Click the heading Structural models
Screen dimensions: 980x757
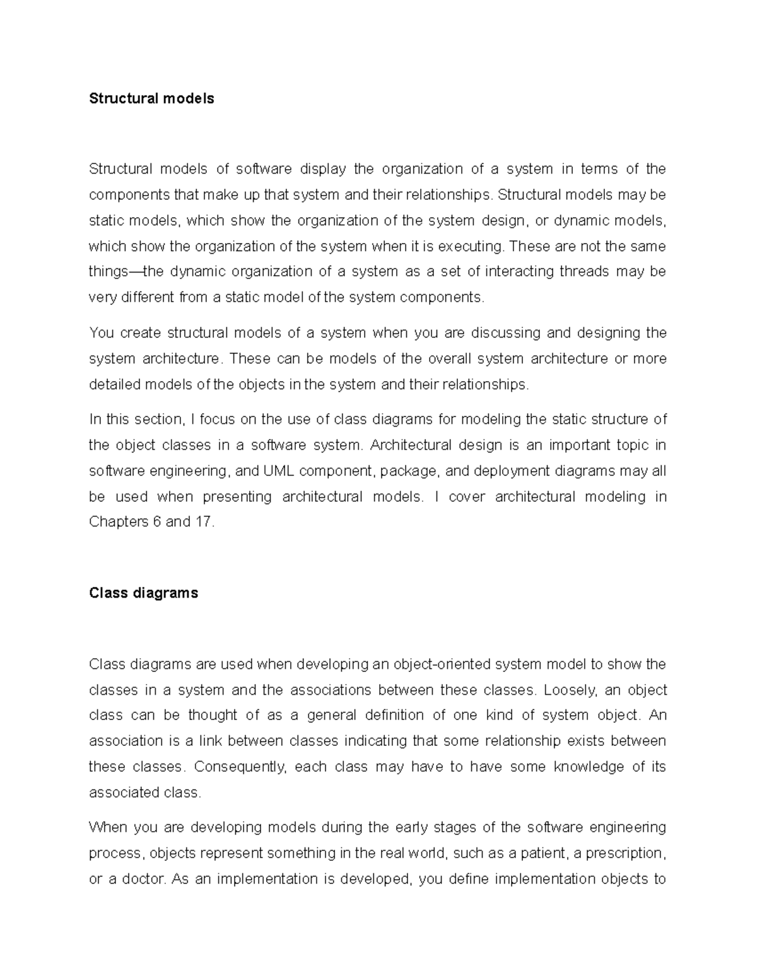coord(151,98)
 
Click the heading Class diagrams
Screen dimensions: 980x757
coord(144,593)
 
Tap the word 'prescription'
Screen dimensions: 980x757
coord(625,853)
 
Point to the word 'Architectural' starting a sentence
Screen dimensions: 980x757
coord(411,445)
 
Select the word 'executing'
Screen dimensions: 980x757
coord(471,246)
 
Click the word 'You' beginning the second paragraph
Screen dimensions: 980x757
coord(101,333)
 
